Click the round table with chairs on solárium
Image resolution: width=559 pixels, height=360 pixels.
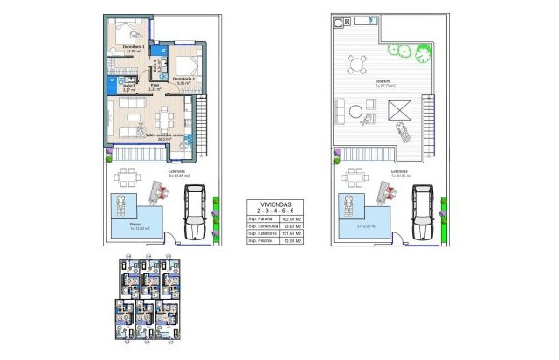tap(357, 64)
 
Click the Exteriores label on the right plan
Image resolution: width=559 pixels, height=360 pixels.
tap(400, 171)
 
